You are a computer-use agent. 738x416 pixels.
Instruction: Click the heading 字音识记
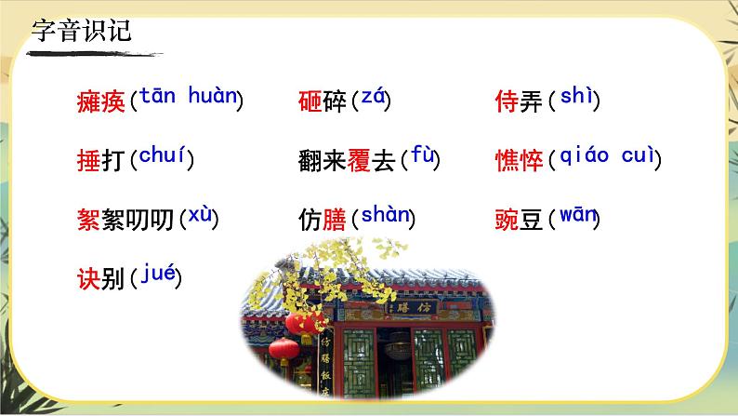pyautogui.click(x=82, y=31)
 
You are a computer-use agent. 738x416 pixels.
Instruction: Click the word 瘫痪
pyautogui.click(x=101, y=101)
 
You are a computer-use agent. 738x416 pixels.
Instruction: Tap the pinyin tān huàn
pyautogui.click(x=187, y=95)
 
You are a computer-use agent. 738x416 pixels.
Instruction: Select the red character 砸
pyautogui.click(x=310, y=101)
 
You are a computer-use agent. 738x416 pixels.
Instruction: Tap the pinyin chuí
pyautogui.click(x=162, y=154)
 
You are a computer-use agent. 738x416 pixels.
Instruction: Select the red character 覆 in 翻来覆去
pyautogui.click(x=359, y=159)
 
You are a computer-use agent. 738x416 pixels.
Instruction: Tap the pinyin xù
pyautogui.click(x=200, y=215)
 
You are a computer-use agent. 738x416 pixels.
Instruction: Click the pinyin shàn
pyautogui.click(x=385, y=215)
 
